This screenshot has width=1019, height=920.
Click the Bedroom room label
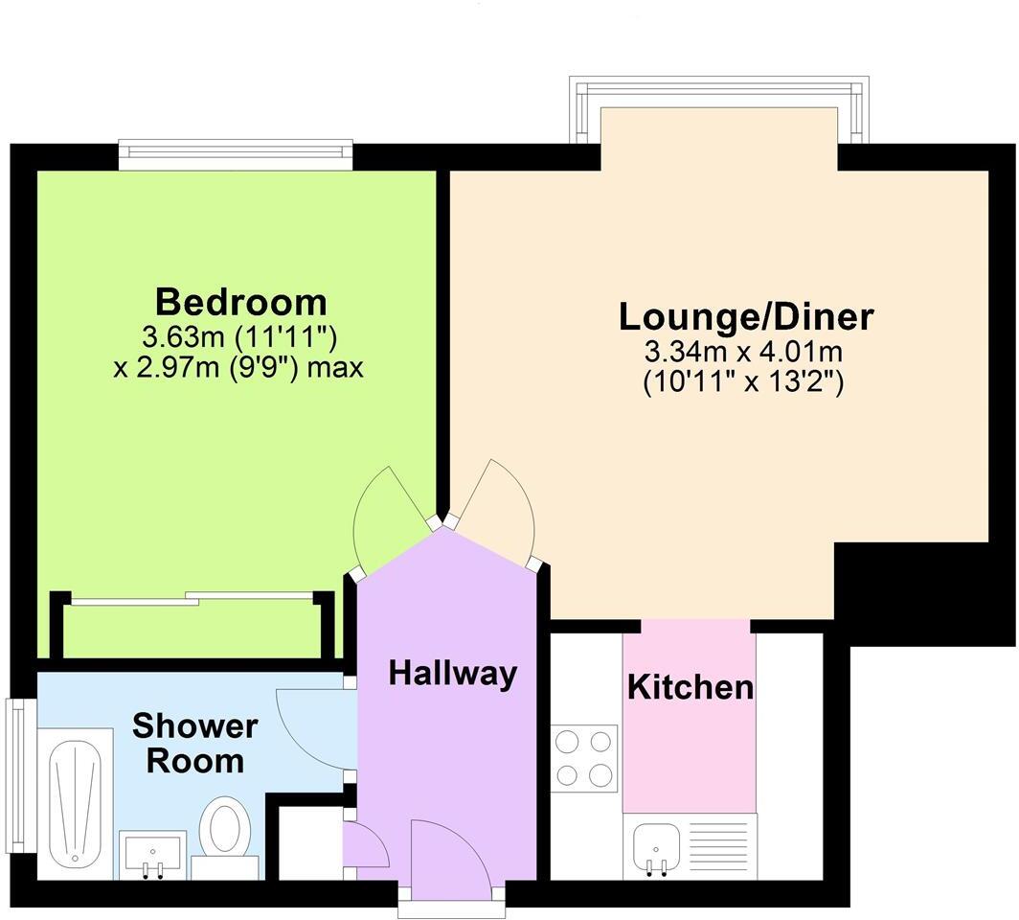click(x=240, y=302)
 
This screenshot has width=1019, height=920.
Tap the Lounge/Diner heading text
click(x=746, y=315)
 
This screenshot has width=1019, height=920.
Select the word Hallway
click(x=452, y=674)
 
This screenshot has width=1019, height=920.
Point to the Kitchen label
click(x=690, y=687)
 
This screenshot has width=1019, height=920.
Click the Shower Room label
click(x=194, y=744)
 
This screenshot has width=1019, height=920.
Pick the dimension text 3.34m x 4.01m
click(x=746, y=352)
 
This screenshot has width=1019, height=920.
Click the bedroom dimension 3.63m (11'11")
click(x=239, y=337)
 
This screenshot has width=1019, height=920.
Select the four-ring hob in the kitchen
click(x=584, y=758)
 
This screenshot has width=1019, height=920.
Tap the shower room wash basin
click(x=152, y=853)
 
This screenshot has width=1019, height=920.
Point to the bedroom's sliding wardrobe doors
click(x=192, y=600)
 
